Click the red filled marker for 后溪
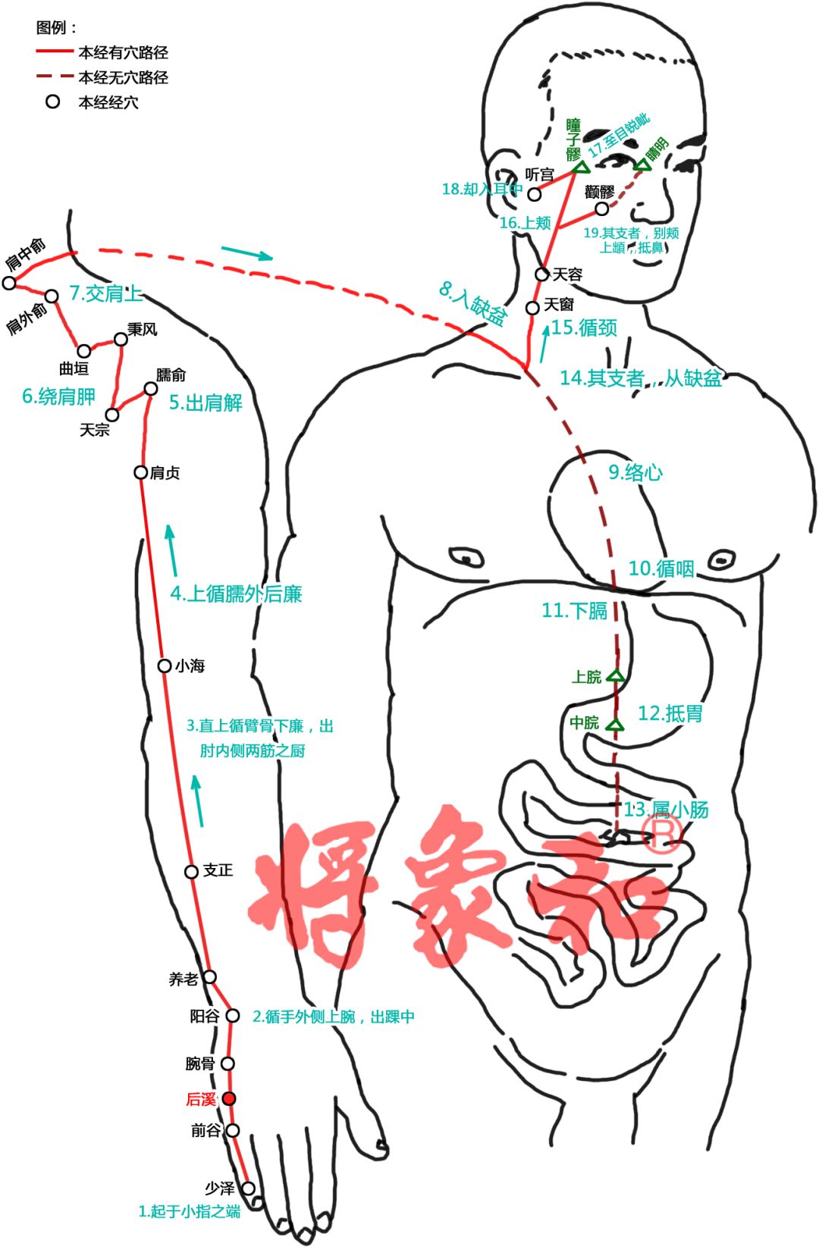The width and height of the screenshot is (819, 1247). coord(229,1098)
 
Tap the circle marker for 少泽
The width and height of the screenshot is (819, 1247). coord(248,1188)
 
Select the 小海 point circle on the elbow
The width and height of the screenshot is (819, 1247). coord(165,666)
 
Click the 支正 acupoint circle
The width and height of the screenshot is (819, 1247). coord(192,872)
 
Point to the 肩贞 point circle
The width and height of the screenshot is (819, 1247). coord(141,472)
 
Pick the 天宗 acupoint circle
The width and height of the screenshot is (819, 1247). coord(112,415)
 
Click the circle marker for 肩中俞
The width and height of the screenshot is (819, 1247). coord(9,283)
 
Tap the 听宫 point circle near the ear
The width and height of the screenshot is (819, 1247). coord(535,194)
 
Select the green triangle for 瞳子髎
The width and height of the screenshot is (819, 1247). coord(581,167)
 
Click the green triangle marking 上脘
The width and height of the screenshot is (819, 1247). coord(616,675)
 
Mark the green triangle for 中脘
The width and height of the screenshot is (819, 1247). coord(616,725)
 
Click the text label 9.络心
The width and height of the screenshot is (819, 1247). coord(635,472)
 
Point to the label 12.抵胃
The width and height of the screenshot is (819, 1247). coord(670,713)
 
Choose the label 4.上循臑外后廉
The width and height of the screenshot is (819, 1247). coord(236,594)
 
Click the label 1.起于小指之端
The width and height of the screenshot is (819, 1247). coord(189,1211)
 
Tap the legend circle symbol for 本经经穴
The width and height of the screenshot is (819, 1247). coord(52,102)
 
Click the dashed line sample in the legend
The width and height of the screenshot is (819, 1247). coord(55,77)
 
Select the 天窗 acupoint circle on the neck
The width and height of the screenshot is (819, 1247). coord(533,307)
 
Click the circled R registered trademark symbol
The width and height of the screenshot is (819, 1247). coord(661,832)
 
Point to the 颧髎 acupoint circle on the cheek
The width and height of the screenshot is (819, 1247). coord(601,208)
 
